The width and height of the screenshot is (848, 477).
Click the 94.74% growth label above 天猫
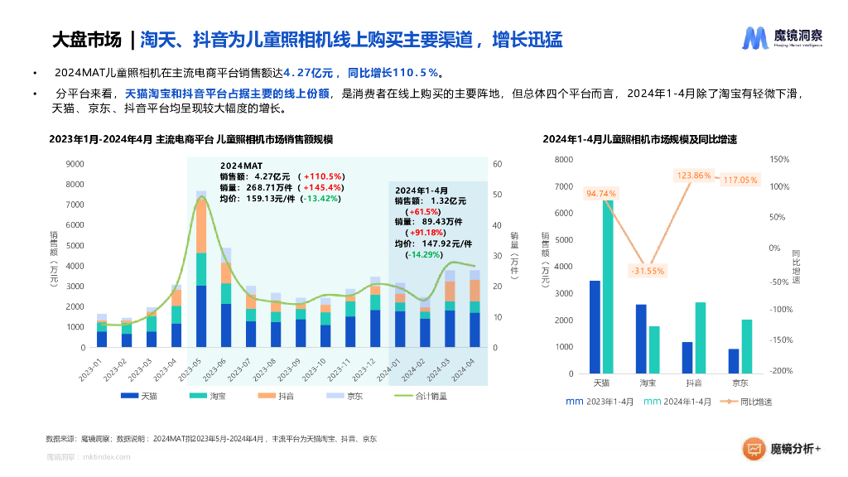pos(600,194)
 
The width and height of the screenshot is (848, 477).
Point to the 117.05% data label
pos(740,180)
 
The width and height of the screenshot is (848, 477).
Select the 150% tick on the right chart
pos(780,159)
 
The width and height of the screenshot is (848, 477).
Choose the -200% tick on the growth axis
pos(780,371)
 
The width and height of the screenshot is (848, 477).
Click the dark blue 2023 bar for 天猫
pos(595,327)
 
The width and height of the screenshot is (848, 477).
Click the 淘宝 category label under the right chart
pos(648,383)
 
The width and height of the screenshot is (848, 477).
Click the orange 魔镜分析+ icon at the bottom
pos(754,449)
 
